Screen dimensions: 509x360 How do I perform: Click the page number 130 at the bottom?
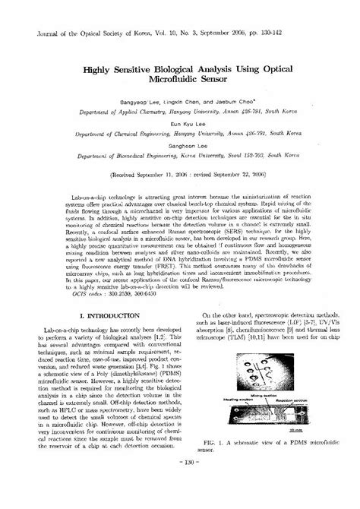coord(179,483)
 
